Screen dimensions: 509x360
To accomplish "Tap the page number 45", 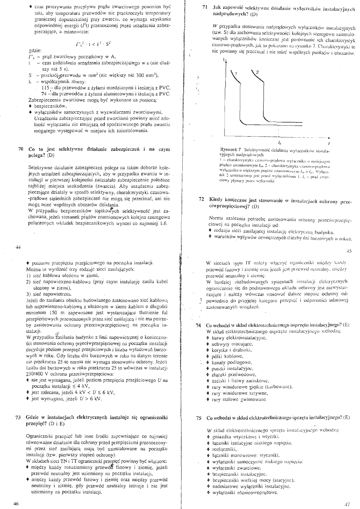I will click(x=348, y=249).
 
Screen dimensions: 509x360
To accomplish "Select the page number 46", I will click(x=16, y=503).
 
